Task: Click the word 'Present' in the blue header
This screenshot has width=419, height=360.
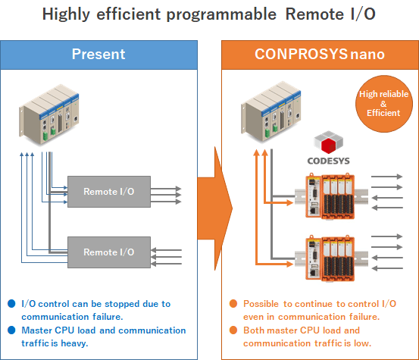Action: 98,55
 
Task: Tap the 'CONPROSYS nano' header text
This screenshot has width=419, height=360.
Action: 320,55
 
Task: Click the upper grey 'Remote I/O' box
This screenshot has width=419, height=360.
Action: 109,192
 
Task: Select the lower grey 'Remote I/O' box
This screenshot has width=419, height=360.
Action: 109,252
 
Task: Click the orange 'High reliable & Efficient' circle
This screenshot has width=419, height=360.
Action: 384,104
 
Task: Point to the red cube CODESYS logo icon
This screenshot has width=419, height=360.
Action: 328,142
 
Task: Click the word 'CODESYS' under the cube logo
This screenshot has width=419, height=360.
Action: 328,161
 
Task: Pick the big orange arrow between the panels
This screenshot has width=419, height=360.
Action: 215,208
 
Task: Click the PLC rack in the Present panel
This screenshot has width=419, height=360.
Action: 49,114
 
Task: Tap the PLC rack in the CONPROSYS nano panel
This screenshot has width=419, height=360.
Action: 271,111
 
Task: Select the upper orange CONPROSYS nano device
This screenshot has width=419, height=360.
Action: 330,196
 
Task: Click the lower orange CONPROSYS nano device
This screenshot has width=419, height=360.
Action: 330,258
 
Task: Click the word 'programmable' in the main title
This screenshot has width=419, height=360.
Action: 221,14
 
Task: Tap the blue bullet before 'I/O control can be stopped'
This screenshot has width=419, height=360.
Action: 11,304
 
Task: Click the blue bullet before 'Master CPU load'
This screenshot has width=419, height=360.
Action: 11,330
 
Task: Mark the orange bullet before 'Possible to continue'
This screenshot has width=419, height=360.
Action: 233,304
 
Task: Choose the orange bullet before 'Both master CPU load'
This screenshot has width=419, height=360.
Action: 233,330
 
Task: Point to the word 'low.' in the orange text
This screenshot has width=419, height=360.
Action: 363,343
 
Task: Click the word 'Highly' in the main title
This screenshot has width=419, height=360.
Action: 66,14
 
